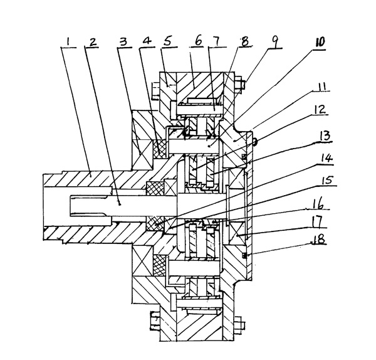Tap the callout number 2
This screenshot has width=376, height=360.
92,43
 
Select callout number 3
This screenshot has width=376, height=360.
125,43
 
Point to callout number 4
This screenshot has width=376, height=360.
147,43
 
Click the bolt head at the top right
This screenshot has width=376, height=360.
242,81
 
